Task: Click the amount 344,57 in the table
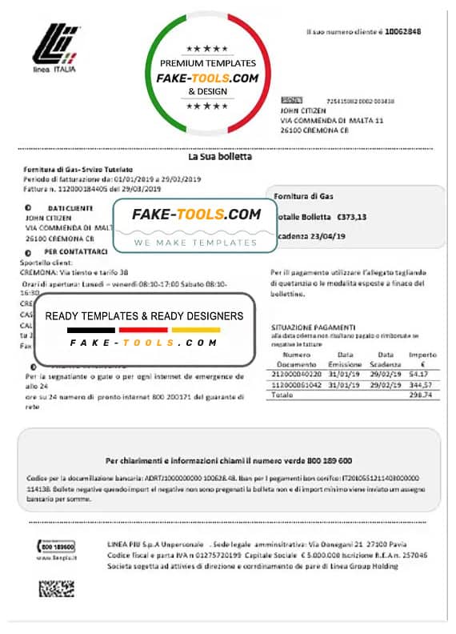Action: (420, 384)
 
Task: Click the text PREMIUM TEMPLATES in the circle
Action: (208, 62)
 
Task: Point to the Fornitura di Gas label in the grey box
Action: (304, 196)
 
